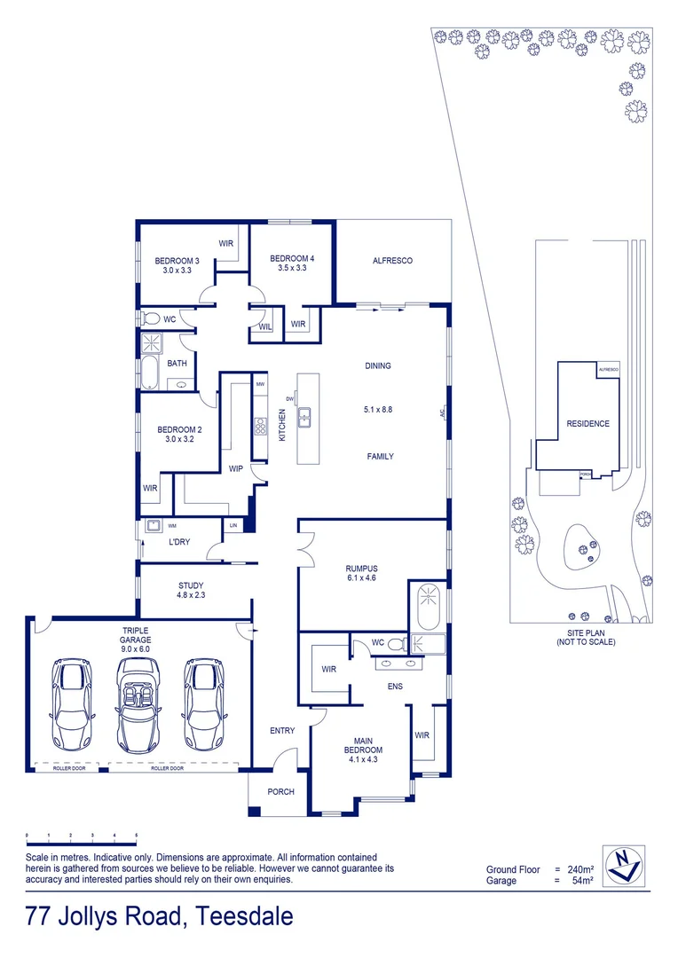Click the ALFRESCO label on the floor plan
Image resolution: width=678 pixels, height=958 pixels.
[392, 260]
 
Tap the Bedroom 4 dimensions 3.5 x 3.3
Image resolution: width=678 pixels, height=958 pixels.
[292, 268]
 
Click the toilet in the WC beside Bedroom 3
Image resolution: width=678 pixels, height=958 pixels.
[150, 318]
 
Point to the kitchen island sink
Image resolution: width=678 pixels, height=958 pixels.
[304, 414]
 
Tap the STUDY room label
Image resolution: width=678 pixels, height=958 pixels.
[191, 585]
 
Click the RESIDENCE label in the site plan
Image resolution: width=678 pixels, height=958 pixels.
[587, 423]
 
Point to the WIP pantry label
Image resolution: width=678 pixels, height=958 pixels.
[236, 468]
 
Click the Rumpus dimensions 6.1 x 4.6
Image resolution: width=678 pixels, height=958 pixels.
[361, 577]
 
